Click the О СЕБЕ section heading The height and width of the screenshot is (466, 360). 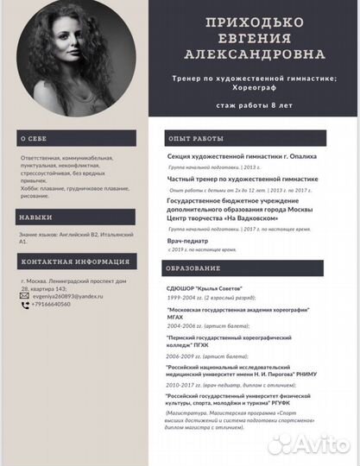(x=36, y=139)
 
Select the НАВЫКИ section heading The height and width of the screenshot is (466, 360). (x=37, y=218)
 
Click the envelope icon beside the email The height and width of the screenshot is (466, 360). (x=25, y=296)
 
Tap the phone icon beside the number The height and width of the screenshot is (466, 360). (x=25, y=305)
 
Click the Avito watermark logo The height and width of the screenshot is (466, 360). (x=311, y=444)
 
